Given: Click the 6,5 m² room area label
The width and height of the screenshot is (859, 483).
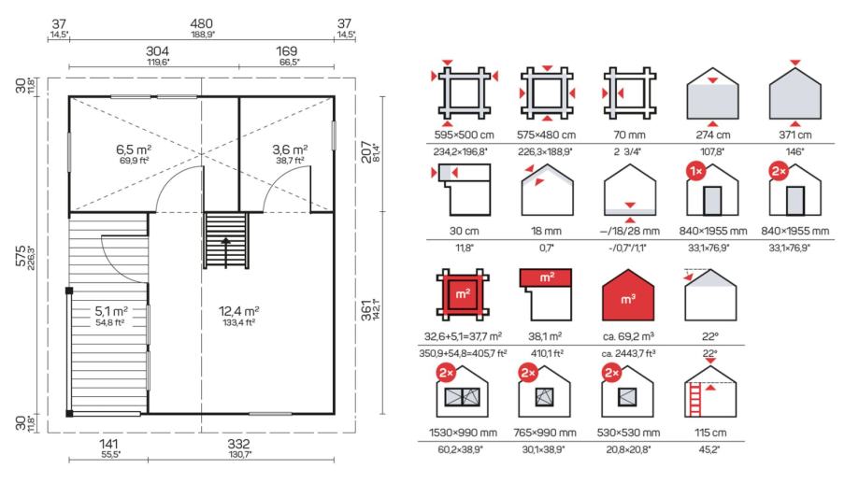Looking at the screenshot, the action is [134, 149].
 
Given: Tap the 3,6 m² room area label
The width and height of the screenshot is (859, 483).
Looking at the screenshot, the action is [290, 149].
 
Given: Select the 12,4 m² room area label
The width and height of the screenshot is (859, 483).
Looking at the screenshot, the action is [239, 311].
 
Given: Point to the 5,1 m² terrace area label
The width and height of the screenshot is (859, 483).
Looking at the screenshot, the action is [111, 311].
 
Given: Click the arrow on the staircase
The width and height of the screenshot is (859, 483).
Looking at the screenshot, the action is [225, 252].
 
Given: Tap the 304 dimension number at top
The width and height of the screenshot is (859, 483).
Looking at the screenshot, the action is [157, 51].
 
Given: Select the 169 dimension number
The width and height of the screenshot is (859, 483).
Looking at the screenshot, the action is [287, 51].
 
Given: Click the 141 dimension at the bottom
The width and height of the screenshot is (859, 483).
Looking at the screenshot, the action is [108, 444].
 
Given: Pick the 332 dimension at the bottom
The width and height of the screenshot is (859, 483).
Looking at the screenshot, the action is [239, 444].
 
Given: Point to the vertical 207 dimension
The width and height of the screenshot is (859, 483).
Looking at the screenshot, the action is [366, 151].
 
